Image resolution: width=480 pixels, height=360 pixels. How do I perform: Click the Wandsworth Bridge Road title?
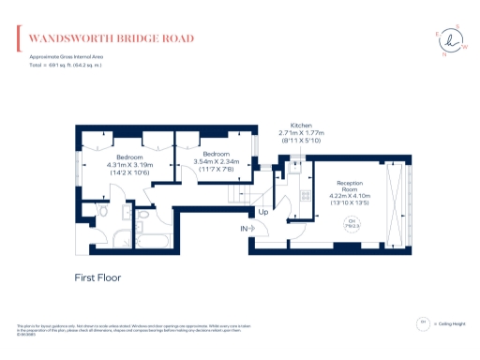click(x=111, y=38)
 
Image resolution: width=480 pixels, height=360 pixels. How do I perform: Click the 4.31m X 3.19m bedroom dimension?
click(x=129, y=165)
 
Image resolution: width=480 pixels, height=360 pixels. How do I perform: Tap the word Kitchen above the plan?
click(x=300, y=125)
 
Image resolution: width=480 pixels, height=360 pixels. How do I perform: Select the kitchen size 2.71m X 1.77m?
click(x=300, y=134)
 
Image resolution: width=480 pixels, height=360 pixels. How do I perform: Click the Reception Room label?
click(x=350, y=187)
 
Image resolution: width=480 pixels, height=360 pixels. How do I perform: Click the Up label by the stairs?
click(x=263, y=212)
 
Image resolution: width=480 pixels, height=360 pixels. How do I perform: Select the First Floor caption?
click(x=97, y=277)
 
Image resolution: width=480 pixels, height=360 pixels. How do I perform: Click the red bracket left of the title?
click(x=20, y=38)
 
